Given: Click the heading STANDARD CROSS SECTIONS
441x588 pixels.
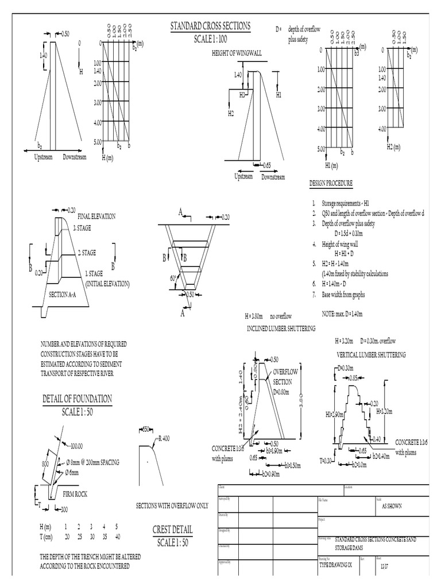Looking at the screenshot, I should tap(210, 26).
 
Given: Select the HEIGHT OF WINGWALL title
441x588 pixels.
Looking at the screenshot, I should tap(236, 53).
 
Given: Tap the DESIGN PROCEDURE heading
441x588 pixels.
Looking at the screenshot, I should tap(331, 183).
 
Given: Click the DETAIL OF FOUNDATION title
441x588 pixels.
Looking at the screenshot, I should tap(77, 399).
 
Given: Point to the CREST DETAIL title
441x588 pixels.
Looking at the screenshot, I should tap(173, 529).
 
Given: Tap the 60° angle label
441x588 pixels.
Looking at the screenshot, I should tap(173, 278).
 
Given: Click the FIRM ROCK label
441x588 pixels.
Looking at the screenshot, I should tap(75, 493).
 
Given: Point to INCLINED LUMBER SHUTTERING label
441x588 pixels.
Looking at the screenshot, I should tap(281, 328).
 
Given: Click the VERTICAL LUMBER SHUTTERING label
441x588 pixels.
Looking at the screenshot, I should tap(371, 354).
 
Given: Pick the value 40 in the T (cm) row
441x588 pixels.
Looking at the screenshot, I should tap(118, 536).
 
